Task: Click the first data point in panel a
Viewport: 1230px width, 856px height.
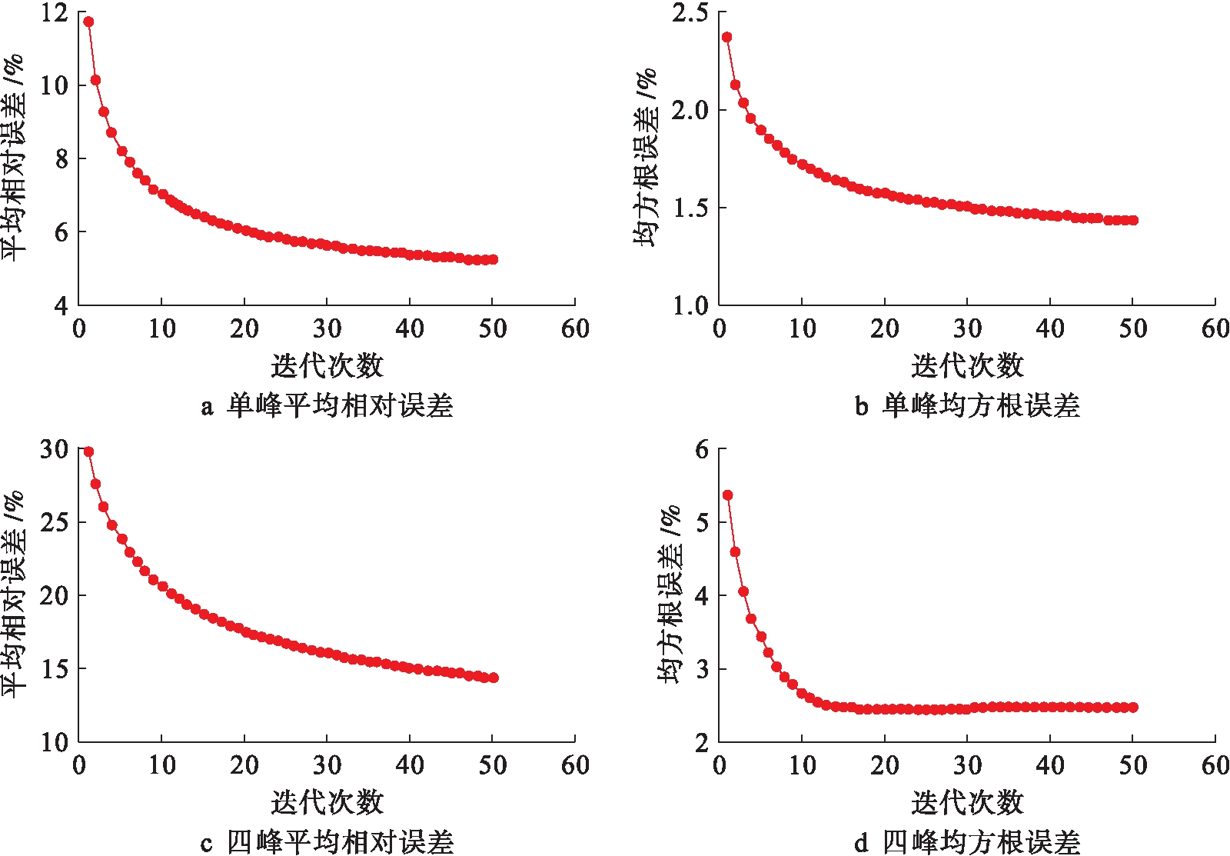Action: pos(88,22)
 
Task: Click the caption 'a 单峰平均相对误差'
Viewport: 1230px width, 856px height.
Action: pos(327,405)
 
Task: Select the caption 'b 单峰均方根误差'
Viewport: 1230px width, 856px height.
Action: pos(967,405)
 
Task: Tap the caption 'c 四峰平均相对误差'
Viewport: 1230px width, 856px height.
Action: pos(327,841)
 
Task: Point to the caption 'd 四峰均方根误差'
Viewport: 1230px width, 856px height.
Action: pos(967,841)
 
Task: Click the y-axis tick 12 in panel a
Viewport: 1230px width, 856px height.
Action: pos(54,12)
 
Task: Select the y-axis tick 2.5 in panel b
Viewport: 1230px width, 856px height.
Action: pos(690,12)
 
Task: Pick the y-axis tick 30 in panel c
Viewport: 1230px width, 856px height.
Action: pos(54,449)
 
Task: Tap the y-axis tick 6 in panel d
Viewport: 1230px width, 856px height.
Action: pos(701,449)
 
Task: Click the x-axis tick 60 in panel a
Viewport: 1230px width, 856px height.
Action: pos(575,329)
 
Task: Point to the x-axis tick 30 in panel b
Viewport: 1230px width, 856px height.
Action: pos(967,329)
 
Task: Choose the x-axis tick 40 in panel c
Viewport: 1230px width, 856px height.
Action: pos(410,765)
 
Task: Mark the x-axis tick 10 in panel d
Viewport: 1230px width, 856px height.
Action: pos(803,765)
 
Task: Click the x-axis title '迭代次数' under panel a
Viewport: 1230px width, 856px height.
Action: pos(327,365)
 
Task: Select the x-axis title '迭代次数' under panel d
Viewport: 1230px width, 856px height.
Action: pos(967,802)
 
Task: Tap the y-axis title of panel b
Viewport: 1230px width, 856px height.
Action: pos(646,158)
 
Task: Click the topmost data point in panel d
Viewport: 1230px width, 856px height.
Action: pos(727,495)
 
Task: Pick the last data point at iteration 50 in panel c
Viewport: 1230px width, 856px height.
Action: pos(493,678)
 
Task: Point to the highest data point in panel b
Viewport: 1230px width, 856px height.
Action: pos(726,37)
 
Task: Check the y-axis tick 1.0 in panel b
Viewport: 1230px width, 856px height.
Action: pos(690,306)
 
